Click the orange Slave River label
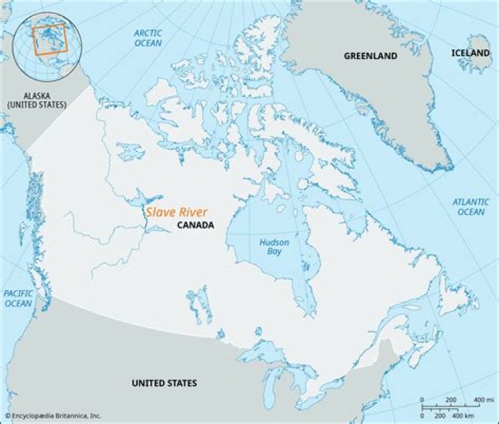click(176, 213)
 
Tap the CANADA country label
click(195, 226)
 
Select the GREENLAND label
click(371, 56)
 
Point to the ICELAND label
click(472, 53)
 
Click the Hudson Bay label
click(274, 247)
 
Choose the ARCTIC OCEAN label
click(148, 38)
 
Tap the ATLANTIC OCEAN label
click(471, 207)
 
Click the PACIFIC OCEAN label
click(18, 298)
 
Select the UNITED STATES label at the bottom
click(164, 383)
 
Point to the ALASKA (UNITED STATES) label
click(37, 100)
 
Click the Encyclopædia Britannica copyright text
click(53, 416)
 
